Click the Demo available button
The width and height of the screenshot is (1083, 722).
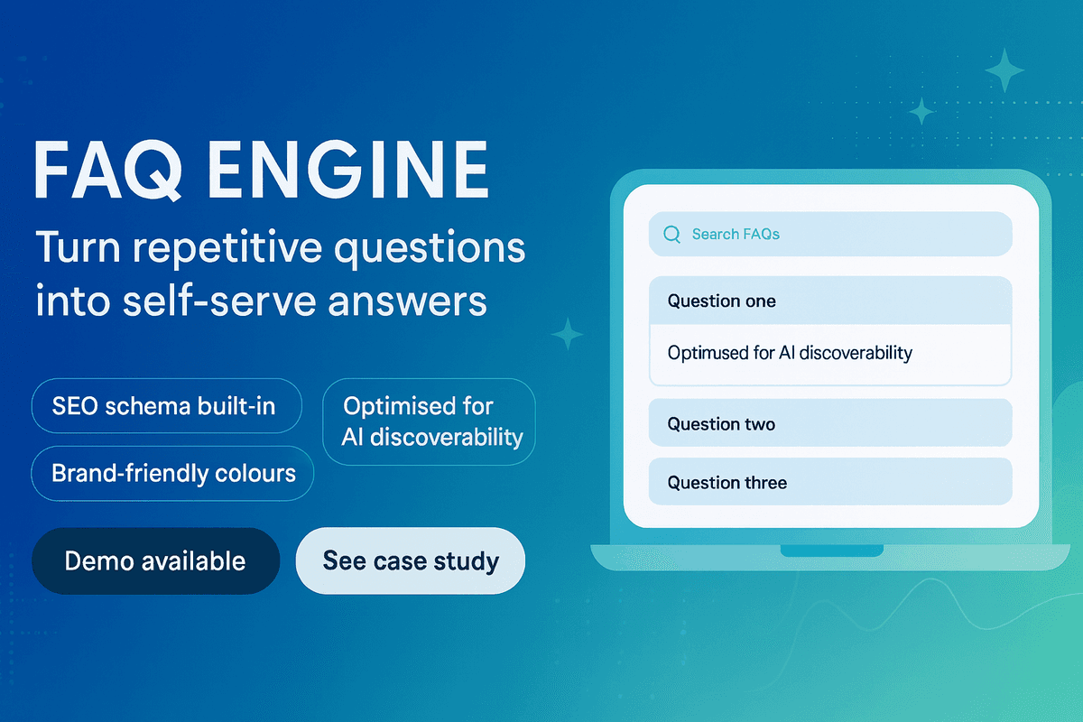click(155, 560)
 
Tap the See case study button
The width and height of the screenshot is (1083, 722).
click(411, 560)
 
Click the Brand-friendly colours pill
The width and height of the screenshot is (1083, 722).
click(173, 472)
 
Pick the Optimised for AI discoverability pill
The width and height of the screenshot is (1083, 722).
click(430, 421)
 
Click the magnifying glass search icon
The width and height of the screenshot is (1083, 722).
click(671, 235)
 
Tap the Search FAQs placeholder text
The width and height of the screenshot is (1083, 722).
click(736, 235)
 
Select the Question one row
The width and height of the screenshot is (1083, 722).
click(830, 301)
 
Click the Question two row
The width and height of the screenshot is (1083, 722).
click(830, 423)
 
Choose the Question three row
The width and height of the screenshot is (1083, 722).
click(830, 483)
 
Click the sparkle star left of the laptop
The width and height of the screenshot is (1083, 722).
click(567, 333)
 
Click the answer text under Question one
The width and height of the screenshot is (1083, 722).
click(790, 353)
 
